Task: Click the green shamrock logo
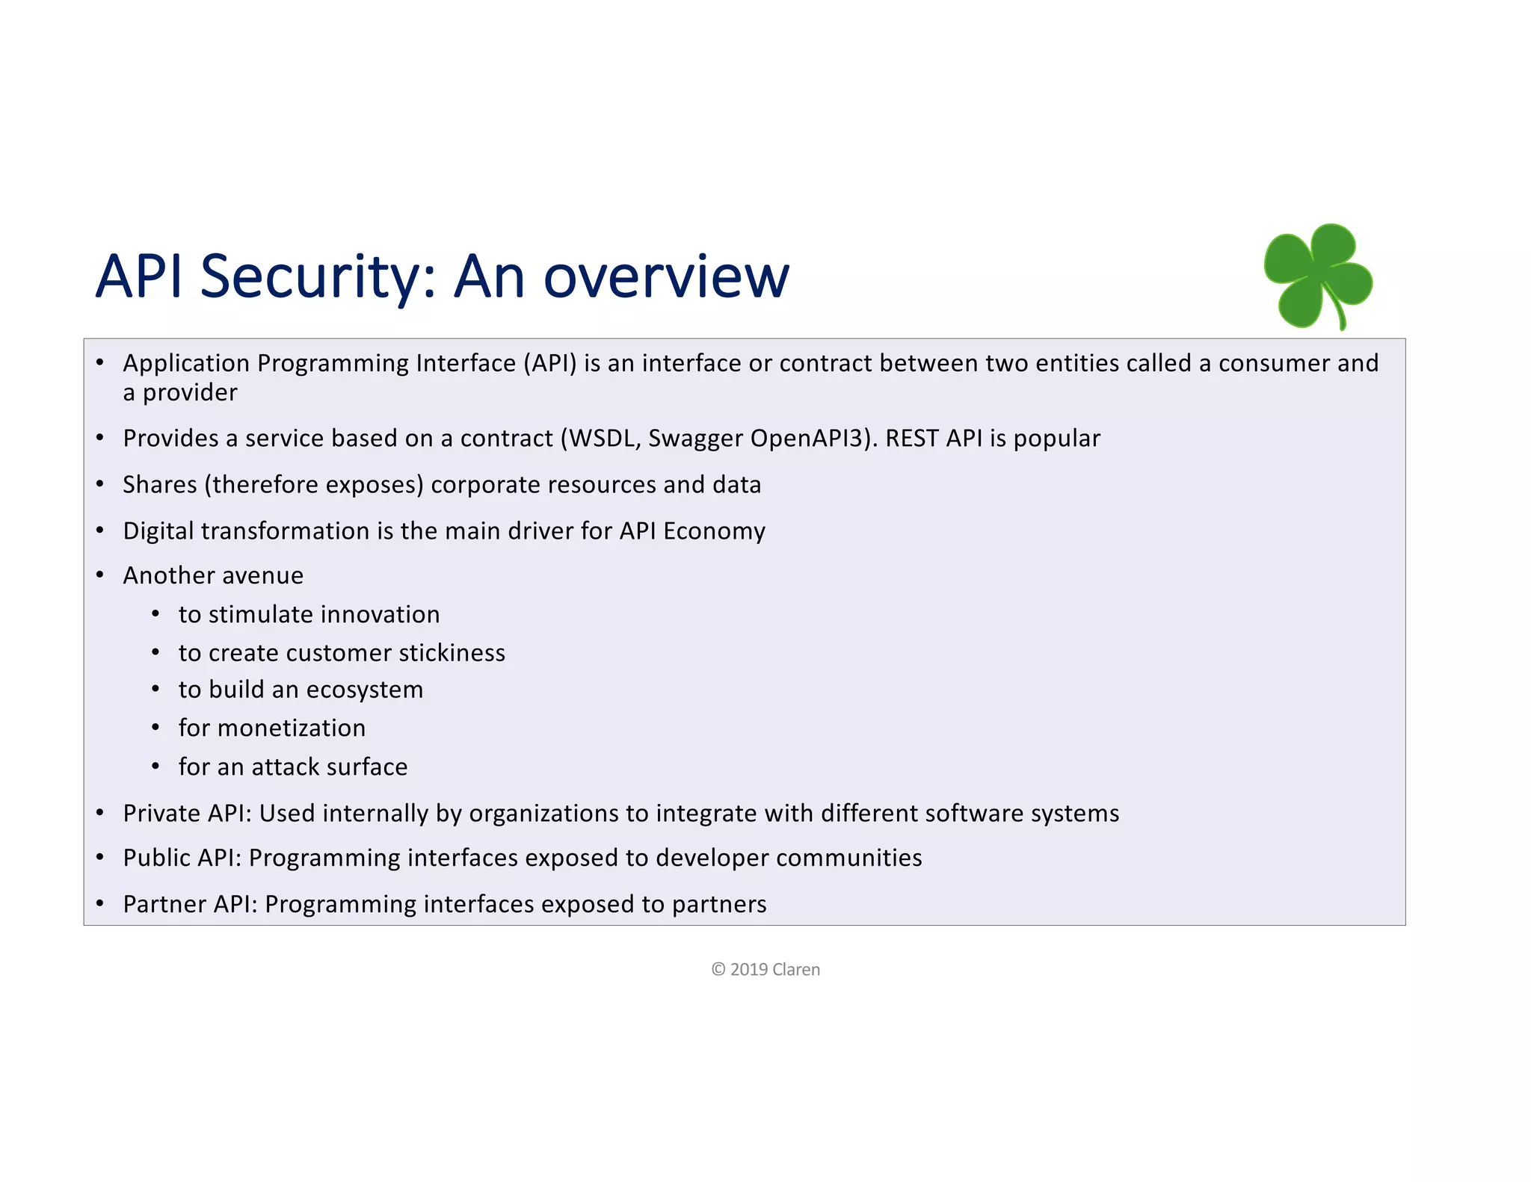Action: click(x=1318, y=276)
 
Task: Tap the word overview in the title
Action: click(x=665, y=276)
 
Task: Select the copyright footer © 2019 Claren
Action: click(x=765, y=969)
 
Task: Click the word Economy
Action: click(x=714, y=531)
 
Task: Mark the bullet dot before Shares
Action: click(x=100, y=484)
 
